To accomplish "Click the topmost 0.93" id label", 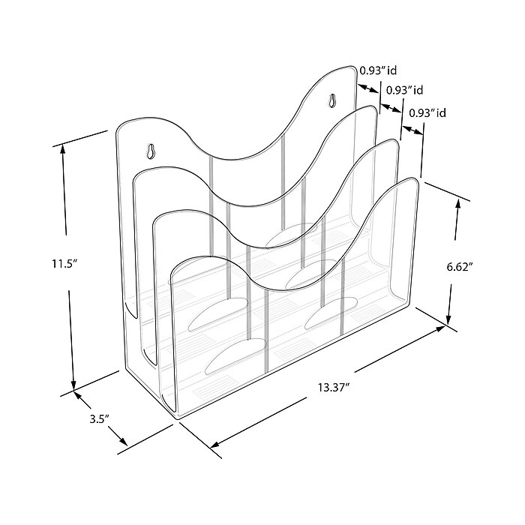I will [377, 70].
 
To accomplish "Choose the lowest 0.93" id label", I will [428, 113].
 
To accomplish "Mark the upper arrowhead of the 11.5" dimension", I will [64, 147].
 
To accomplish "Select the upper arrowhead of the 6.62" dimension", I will [458, 202].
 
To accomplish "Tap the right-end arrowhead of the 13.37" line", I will [442, 331].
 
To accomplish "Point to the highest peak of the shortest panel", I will [409, 180].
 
